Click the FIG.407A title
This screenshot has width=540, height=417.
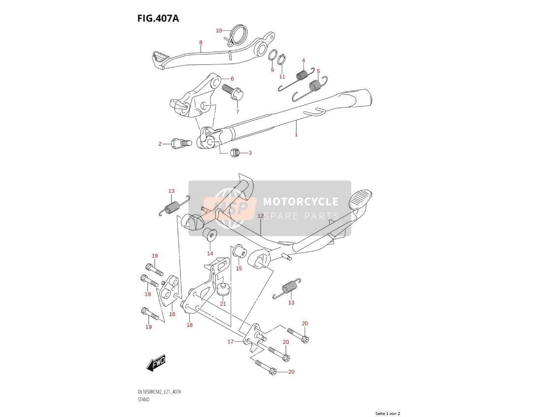158,18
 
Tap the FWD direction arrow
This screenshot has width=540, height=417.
156,363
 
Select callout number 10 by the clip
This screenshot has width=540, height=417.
219,30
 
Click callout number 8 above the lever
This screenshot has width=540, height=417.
201,43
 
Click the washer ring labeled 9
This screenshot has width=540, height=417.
272,55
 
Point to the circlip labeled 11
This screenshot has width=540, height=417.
282,59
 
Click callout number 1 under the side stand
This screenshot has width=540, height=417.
296,135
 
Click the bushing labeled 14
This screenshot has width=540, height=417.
209,234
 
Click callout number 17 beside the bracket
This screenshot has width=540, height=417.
230,342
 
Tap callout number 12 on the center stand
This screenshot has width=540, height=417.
260,216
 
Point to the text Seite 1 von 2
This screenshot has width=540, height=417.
388,413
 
